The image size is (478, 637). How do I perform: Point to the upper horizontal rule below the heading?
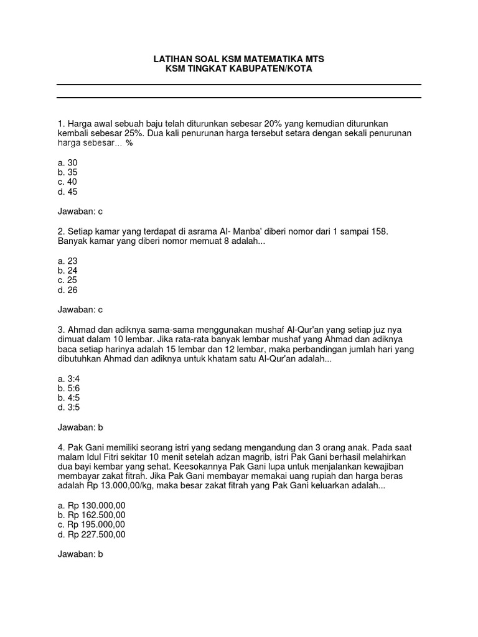(239, 85)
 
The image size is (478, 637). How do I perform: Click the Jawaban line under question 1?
(80, 212)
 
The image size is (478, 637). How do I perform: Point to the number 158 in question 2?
(379, 231)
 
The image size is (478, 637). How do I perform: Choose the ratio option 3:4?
(68, 378)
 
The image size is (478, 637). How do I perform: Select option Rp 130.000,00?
(91, 505)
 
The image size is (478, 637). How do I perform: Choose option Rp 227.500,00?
(91, 534)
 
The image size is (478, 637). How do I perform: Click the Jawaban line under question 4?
(80, 554)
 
